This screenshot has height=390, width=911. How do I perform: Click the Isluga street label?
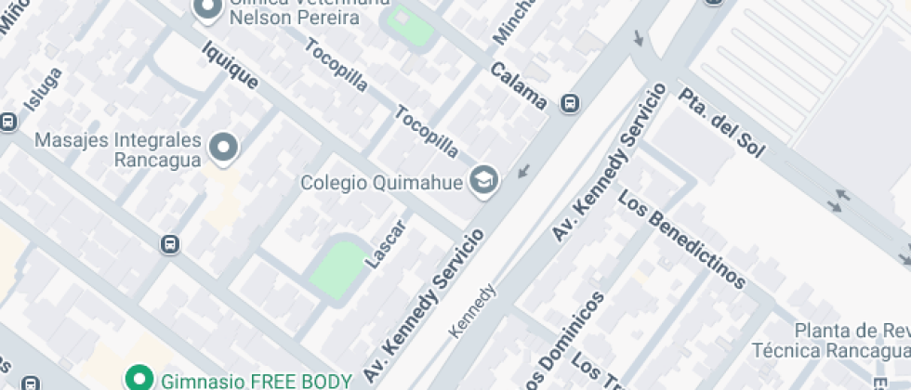pos(44,89)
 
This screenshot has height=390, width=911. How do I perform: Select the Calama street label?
pos(518,85)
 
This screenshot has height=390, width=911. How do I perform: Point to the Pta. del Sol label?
pos(720,123)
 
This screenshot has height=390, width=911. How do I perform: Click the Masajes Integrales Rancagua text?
pos(117,149)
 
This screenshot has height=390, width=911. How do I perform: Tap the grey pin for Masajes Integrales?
pos(224,146)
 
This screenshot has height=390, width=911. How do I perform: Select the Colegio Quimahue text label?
pos(381,182)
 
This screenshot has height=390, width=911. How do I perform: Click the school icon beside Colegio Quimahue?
pos(483,180)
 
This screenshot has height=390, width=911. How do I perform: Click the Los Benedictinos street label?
pos(682,240)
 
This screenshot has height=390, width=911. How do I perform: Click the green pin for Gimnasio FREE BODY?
pos(139,378)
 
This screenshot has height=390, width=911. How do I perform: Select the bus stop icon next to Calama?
pos(569,105)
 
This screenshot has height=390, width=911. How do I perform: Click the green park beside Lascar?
pos(340,266)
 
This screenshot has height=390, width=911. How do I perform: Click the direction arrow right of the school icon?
pos(526,171)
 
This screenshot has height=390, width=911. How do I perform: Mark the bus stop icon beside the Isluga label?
pos(8,121)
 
